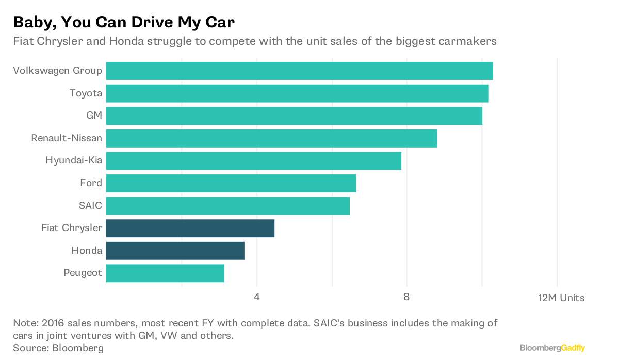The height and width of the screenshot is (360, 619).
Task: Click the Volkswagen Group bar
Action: click(299, 71)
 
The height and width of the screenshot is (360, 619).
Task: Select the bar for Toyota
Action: click(297, 93)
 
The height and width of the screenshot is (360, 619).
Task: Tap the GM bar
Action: click(294, 116)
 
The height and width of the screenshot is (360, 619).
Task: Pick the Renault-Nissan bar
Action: click(271, 138)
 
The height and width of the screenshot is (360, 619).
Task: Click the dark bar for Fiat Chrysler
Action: click(190, 228)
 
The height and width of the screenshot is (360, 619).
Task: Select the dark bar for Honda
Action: click(175, 251)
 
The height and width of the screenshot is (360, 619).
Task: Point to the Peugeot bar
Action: click(165, 273)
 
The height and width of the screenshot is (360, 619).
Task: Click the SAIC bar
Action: click(227, 206)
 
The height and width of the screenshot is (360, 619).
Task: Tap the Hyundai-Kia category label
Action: click(74, 160)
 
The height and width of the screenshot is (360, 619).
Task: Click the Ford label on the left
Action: click(91, 183)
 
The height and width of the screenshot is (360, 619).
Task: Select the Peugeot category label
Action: click(83, 272)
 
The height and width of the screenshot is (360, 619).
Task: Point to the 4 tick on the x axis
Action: click(256, 298)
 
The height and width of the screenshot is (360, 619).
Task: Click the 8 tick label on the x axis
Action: click(406, 298)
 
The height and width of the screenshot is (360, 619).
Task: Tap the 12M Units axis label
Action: click(561, 298)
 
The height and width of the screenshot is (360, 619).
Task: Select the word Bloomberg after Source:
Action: click(77, 348)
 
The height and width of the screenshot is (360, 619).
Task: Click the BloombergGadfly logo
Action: click(552, 348)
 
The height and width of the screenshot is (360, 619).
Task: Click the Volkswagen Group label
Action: click(57, 71)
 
